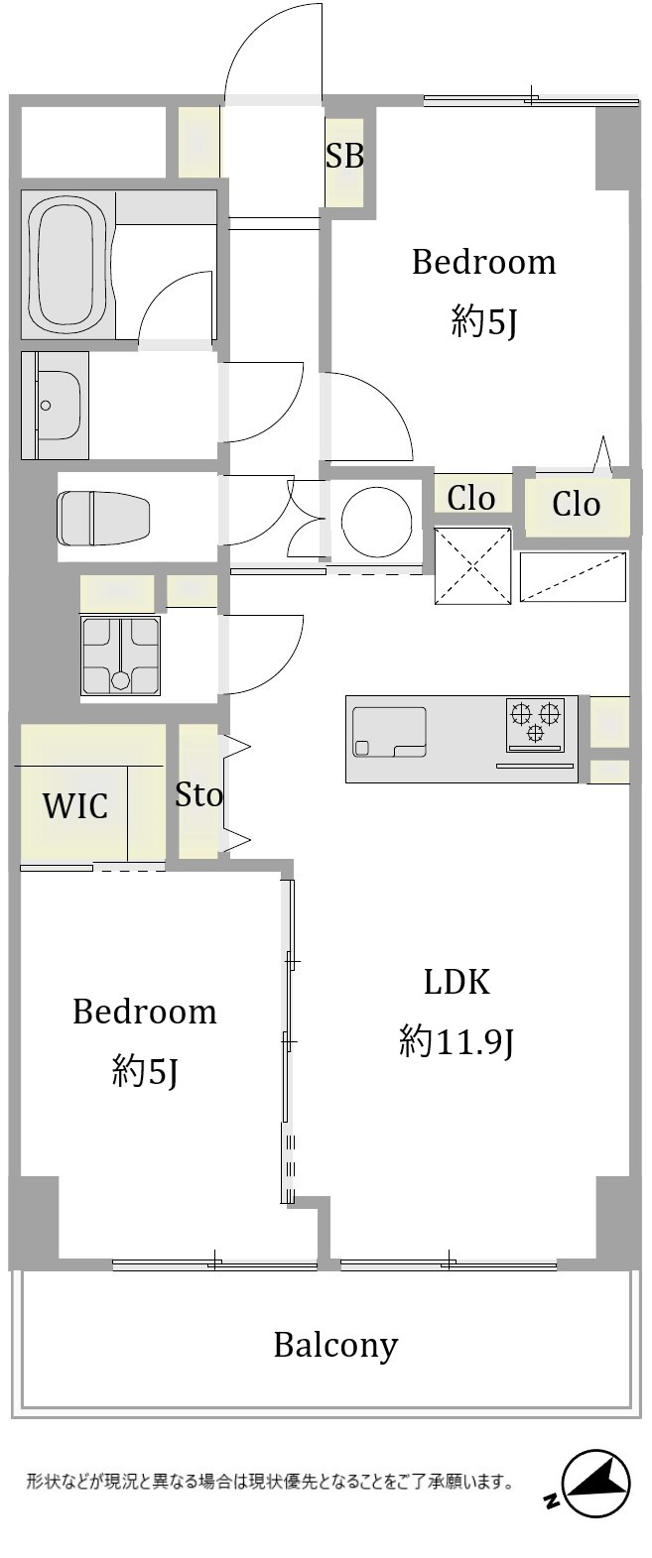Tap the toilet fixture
coord(104,518)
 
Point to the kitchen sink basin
coord(389,732)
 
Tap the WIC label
coord(75,805)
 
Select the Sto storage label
coord(199,794)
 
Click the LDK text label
coord(457,982)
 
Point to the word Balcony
coord(335,1346)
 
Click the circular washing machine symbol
coord(371,516)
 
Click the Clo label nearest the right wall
coord(577,503)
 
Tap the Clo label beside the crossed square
coord(471,498)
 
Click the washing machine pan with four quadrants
coord(121,656)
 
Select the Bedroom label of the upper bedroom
coord(483,262)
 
